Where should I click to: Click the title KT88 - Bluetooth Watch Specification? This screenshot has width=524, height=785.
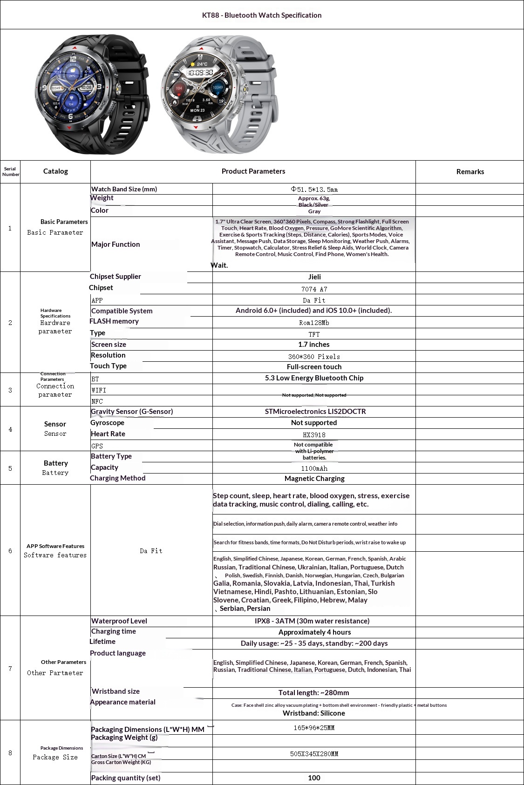[262, 15]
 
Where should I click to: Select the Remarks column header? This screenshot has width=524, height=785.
[470, 172]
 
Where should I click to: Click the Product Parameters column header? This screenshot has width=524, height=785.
[253, 171]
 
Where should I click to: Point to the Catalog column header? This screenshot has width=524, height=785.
[55, 171]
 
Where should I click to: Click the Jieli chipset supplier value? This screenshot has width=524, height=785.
[314, 277]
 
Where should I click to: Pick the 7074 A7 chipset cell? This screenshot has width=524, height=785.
[314, 289]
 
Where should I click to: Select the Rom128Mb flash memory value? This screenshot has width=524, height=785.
[314, 323]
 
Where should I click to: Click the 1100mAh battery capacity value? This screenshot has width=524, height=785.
[314, 469]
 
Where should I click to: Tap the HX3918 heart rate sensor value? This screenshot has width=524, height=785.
[314, 435]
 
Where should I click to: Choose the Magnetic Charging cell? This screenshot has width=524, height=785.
[314, 479]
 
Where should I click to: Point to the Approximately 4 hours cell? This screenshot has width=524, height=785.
[314, 632]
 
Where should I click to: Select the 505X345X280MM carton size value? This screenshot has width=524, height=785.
[314, 754]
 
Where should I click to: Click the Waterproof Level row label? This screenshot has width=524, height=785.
[119, 621]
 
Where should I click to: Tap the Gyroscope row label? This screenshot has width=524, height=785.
[108, 423]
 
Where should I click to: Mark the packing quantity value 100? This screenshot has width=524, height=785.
[314, 778]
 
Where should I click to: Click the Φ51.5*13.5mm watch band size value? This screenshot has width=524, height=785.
[314, 189]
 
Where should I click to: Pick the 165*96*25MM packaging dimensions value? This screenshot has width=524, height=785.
[314, 728]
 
